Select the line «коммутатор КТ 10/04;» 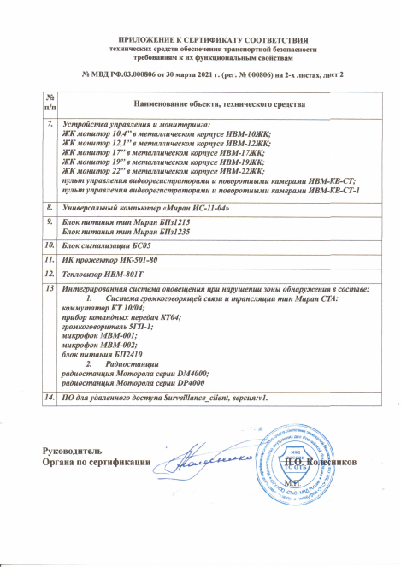95,306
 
